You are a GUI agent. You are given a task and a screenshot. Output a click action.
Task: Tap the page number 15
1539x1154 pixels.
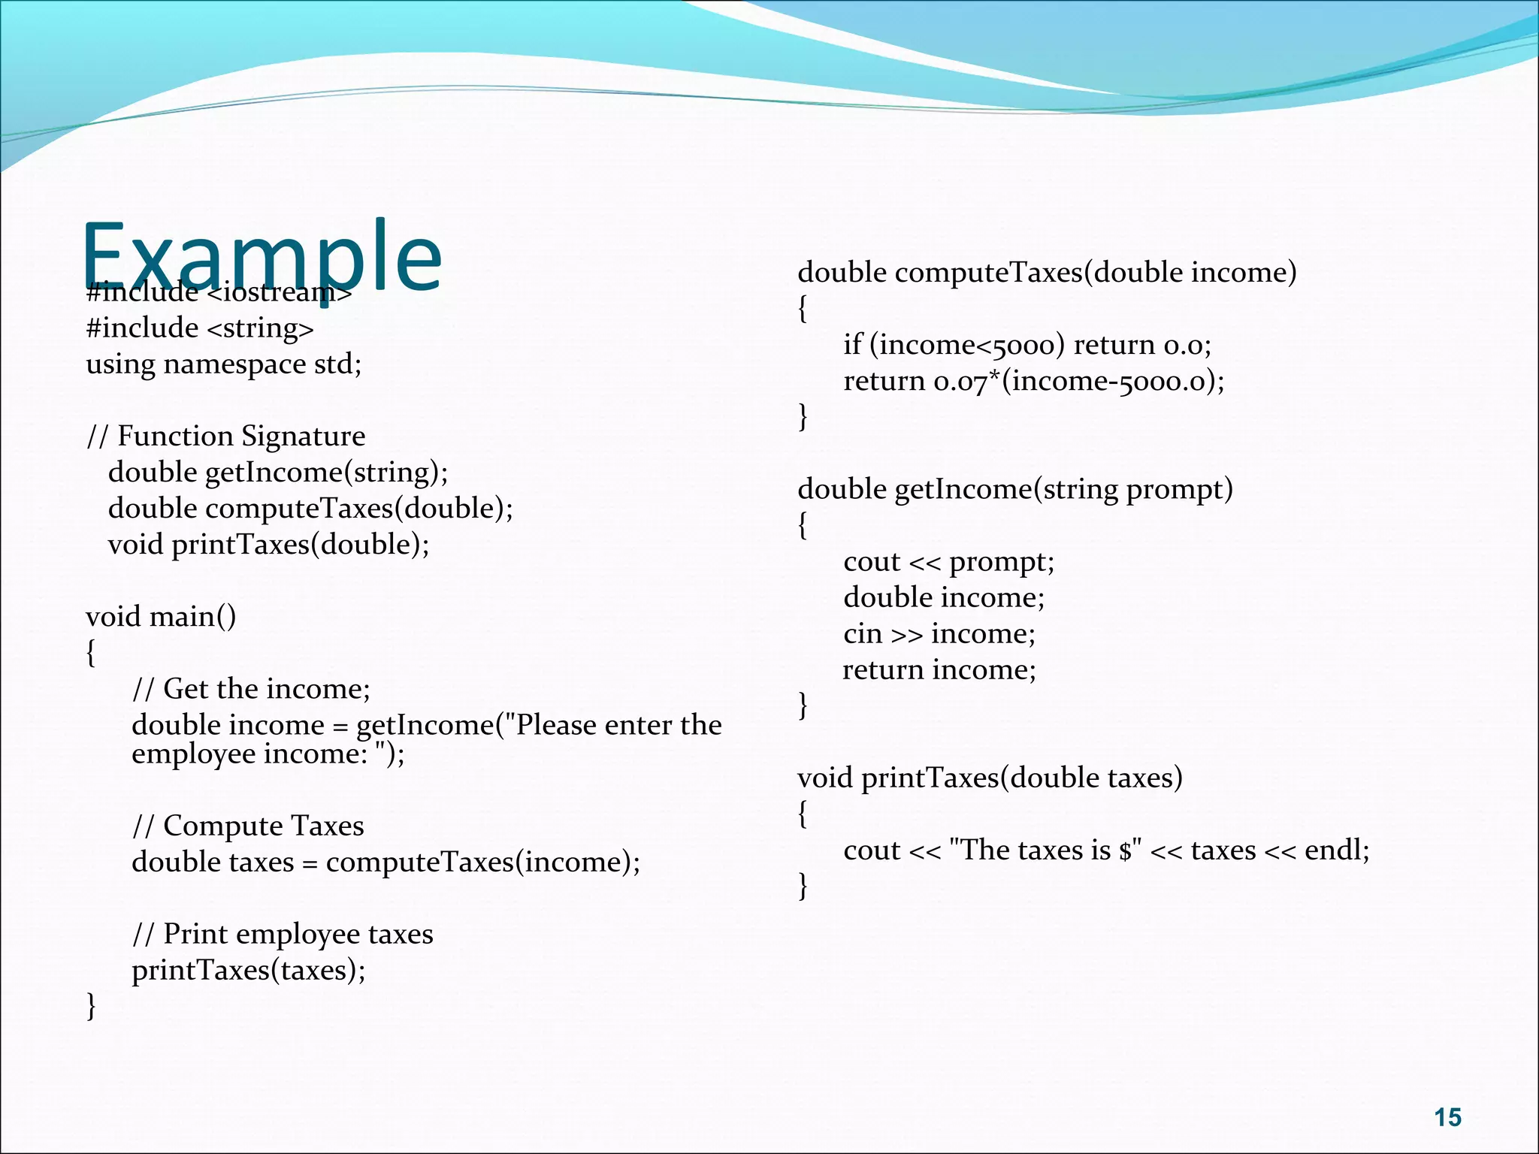[x=1447, y=1117]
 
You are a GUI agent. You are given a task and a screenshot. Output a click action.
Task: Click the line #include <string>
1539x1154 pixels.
[x=200, y=328]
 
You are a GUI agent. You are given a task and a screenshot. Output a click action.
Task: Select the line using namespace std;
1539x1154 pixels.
[x=223, y=364]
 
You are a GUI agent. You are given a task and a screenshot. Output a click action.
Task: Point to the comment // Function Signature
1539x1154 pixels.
[x=225, y=437]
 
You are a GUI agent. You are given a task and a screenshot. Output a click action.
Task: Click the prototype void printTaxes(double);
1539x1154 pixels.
[x=268, y=545]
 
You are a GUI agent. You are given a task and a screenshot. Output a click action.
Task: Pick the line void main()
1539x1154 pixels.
[x=161, y=617]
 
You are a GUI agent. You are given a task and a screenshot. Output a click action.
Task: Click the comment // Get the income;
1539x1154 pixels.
[x=251, y=689]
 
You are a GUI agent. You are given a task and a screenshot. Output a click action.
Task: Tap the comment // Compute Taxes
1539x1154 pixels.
[x=248, y=826]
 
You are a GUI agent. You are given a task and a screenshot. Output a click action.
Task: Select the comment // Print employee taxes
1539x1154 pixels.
[x=283, y=934]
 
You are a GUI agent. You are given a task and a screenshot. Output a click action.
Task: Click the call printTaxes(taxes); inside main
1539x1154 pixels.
[x=249, y=970]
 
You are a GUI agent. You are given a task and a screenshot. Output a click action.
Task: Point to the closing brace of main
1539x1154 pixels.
[x=91, y=1006]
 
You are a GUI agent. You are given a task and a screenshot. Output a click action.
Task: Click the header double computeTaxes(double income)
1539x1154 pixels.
[x=1047, y=272]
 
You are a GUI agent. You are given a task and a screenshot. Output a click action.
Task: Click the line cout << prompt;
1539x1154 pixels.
[x=948, y=562]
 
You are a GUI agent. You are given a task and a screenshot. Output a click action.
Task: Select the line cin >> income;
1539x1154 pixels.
[x=939, y=634]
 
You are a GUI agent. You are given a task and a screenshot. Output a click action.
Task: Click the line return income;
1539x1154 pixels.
[x=939, y=669]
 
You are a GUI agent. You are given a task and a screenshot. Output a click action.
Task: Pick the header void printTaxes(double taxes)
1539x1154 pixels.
[x=990, y=778]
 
